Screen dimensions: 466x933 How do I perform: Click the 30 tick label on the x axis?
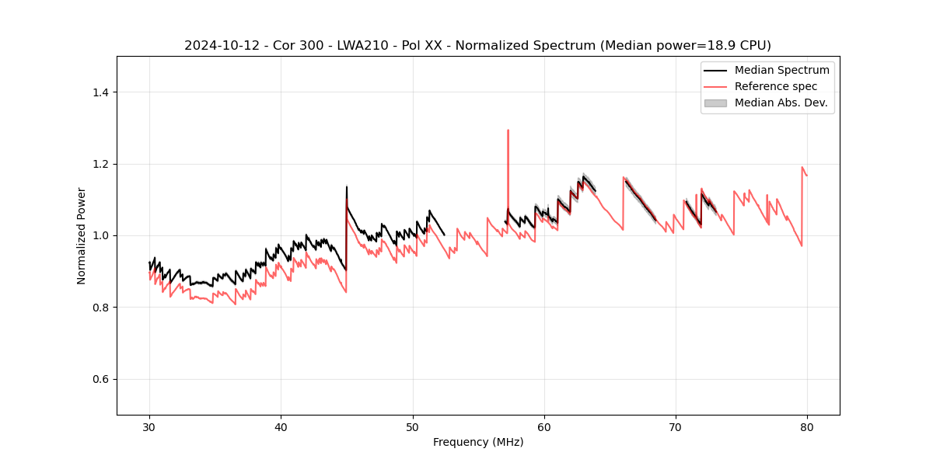click(x=149, y=426)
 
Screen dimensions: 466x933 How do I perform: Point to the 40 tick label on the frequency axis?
click(x=281, y=426)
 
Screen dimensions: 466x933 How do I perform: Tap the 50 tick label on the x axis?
click(x=413, y=426)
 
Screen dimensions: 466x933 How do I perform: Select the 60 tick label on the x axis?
click(x=544, y=426)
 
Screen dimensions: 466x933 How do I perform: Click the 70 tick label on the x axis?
click(x=676, y=426)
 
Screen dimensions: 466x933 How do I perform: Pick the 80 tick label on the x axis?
click(x=807, y=426)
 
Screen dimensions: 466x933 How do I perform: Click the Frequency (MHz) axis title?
click(x=478, y=442)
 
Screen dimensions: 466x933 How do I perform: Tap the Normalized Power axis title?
click(x=82, y=235)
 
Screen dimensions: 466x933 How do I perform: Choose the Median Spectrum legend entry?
click(x=781, y=70)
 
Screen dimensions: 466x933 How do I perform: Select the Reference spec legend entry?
click(x=776, y=86)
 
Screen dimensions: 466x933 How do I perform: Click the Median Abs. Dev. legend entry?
click(x=781, y=103)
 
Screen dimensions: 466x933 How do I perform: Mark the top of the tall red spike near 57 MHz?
click(x=508, y=130)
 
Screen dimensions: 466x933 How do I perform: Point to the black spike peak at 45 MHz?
click(x=347, y=186)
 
